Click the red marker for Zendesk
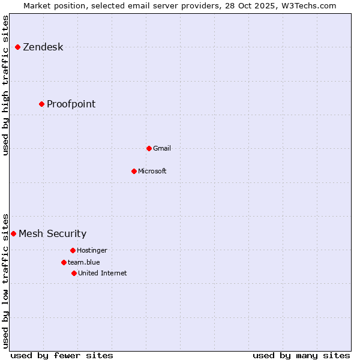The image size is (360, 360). [18, 47]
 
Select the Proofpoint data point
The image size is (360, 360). [41, 104]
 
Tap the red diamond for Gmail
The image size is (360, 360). [149, 148]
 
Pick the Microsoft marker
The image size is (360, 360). [134, 171]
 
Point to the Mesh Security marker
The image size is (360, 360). [13, 233]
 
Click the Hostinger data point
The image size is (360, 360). [73, 250]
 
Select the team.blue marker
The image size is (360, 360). [64, 262]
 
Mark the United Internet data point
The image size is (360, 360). [74, 273]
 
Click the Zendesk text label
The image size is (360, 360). [43, 47]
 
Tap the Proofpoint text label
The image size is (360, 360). [71, 104]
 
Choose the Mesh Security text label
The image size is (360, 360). [52, 233]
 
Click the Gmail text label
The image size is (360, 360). [161, 148]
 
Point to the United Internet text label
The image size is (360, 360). [102, 273]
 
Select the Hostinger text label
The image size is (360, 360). [92, 250]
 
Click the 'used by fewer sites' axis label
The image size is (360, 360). [62, 355]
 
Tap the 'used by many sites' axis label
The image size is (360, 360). [301, 355]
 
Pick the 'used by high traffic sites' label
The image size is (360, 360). [6, 86]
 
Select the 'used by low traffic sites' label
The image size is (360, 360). [6, 281]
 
